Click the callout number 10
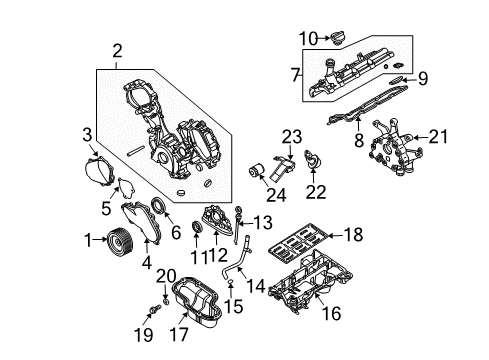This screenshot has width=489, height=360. (x=308, y=38)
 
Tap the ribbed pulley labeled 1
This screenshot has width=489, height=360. (x=119, y=239)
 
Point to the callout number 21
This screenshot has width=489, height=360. (x=437, y=137)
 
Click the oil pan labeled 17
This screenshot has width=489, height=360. (x=197, y=301)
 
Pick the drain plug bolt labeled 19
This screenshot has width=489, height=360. (x=155, y=309)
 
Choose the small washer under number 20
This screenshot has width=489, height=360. (x=166, y=302)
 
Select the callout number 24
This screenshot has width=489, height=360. (x=276, y=195)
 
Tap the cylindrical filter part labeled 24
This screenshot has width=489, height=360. (x=257, y=170)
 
